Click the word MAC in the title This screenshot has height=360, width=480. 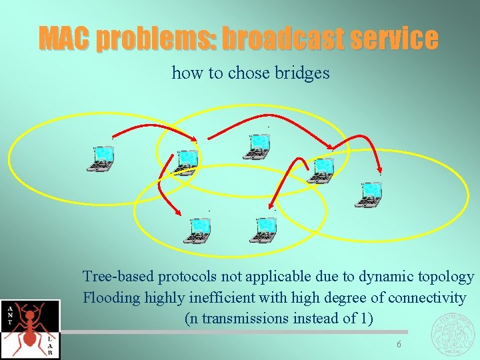(x=63, y=38)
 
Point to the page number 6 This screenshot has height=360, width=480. (x=398, y=344)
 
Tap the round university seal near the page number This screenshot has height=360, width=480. (x=455, y=332)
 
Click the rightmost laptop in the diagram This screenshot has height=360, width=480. (x=370, y=193)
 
